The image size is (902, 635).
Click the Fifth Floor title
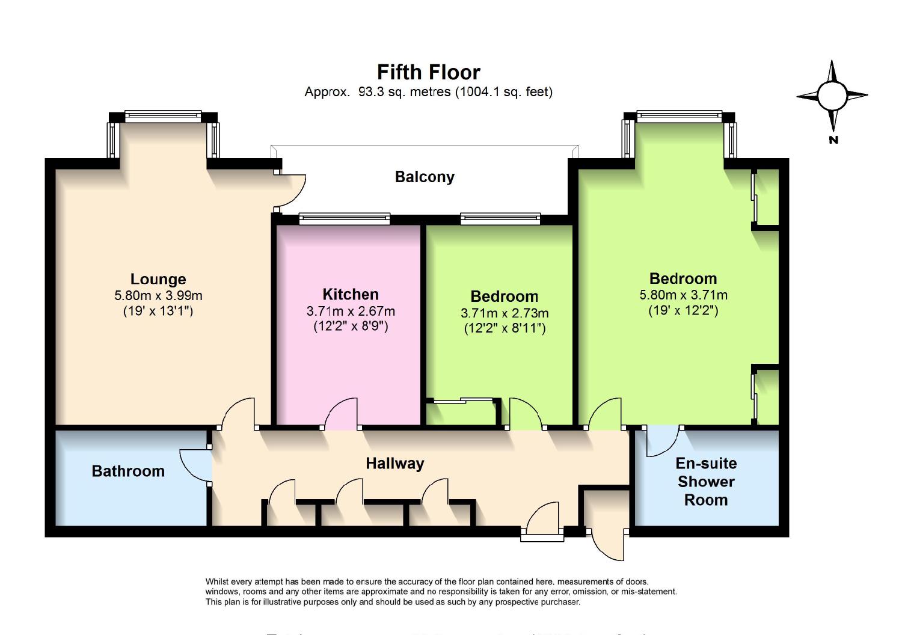[x=428, y=72]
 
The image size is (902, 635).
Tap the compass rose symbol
[x=832, y=96]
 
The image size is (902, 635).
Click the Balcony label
[x=425, y=177]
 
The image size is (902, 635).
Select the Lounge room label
[x=158, y=279]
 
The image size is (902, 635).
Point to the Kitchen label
[x=351, y=294]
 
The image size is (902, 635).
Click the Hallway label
[x=395, y=463]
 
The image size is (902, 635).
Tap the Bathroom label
[x=128, y=471]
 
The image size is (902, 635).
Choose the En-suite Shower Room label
[x=706, y=481]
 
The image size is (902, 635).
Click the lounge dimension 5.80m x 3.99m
[x=158, y=295]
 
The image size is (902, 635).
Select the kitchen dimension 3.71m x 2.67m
[x=351, y=311]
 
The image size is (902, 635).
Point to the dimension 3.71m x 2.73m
[x=505, y=313]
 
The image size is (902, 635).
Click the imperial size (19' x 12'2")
[x=683, y=310]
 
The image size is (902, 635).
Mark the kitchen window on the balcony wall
[x=345, y=219]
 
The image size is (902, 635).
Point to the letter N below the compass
[x=833, y=140]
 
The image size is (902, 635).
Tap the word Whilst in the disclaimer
[x=217, y=581]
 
